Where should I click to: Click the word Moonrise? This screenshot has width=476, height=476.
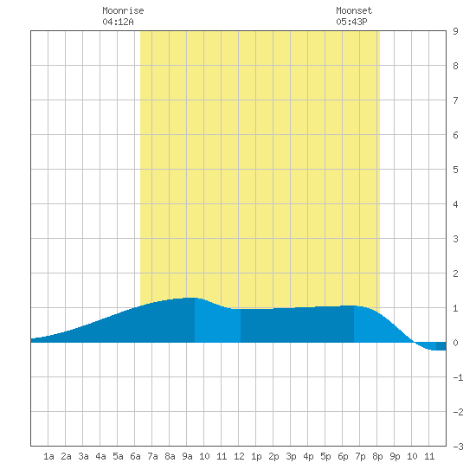click(123, 10)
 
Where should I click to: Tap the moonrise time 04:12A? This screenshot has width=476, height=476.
click(118, 22)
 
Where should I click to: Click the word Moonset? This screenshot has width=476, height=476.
click(354, 10)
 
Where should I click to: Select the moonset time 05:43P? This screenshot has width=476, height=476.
click(351, 22)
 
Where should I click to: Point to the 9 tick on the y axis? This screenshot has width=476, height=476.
click(455, 31)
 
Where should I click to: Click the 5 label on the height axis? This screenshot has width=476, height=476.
click(455, 170)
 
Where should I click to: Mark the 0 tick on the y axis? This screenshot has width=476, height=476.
click(455, 343)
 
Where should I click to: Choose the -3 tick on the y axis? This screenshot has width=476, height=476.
click(458, 447)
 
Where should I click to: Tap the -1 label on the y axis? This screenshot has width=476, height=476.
click(458, 377)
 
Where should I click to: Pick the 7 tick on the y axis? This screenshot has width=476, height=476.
click(455, 100)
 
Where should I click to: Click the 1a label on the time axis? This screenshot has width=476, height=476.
click(48, 456)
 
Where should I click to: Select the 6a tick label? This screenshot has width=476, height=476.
click(135, 456)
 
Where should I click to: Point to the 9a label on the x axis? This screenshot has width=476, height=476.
click(187, 456)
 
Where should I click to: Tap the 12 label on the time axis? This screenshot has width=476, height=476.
click(239, 456)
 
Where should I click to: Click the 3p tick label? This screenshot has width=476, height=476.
click(291, 456)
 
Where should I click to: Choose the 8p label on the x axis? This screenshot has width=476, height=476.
click(377, 456)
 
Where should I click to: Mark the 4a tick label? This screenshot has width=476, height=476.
click(100, 456)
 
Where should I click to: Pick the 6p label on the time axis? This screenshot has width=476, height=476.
click(343, 456)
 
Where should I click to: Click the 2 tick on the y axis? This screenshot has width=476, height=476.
click(455, 273)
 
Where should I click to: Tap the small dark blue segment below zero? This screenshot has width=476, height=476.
click(441, 346)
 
